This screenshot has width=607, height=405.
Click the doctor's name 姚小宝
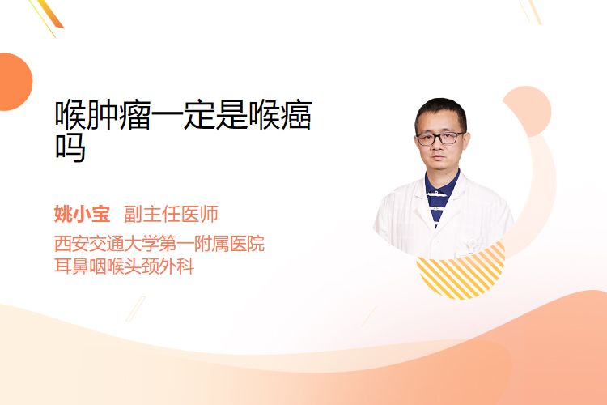[x=82, y=214]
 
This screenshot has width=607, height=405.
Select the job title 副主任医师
[x=171, y=214]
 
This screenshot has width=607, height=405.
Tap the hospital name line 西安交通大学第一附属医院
[x=159, y=244]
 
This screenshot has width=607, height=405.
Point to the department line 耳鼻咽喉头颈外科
[x=124, y=266]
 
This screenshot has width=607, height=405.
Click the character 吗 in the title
[x=70, y=147]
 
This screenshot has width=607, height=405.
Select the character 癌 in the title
[x=296, y=115]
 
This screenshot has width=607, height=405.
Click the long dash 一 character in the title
[x=167, y=115]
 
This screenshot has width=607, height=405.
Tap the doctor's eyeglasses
[x=440, y=139]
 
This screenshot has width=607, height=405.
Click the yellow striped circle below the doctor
[x=461, y=272]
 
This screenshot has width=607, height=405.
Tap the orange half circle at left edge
[x=15, y=82]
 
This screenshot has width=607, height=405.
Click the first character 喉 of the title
[x=70, y=115]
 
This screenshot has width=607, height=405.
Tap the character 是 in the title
[x=231, y=115]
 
